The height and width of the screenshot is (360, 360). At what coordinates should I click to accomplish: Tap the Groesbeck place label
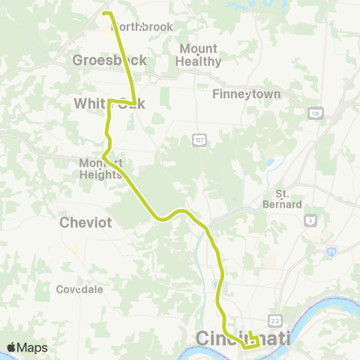point(109,60)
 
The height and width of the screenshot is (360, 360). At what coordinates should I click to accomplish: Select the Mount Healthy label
point(198,55)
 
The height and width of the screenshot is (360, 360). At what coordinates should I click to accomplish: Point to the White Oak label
point(109,103)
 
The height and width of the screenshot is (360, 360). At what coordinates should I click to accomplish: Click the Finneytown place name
point(246,94)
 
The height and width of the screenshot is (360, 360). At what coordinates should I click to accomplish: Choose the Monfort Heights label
point(100,169)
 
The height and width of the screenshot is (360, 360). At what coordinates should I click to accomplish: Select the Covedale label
point(79,289)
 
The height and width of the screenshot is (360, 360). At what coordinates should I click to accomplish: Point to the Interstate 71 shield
point(331,255)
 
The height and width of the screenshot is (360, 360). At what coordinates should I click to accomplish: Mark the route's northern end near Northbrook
point(104,13)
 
